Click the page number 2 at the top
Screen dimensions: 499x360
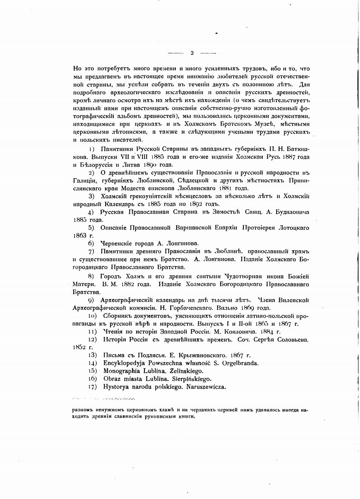(192, 53)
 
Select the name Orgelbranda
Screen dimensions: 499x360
(240, 363)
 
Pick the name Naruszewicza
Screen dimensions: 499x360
(206, 387)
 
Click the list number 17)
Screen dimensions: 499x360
(92, 387)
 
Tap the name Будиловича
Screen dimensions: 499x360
(293, 212)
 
